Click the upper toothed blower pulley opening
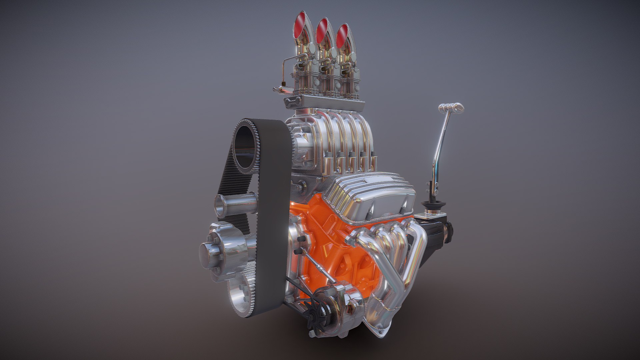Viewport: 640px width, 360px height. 246,147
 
